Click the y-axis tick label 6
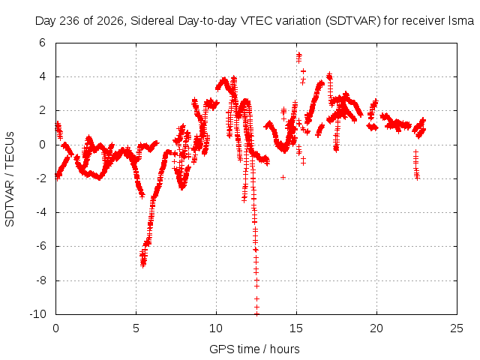coord(42,43)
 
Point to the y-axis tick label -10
coord(37,313)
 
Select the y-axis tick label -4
coord(41,212)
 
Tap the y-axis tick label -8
coord(41,280)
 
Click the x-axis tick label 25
coord(457,328)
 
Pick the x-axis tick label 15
coord(296,328)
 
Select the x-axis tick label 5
coord(136,328)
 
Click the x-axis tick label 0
coord(55,328)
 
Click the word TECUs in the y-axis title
coord(10,150)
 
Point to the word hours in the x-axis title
coord(285,349)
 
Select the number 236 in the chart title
coord(70,21)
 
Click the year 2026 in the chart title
coord(110,21)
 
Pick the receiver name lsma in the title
coord(461,21)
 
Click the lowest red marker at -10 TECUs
coord(256,313)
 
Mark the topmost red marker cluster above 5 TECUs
coord(298,57)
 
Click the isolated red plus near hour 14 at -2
coord(283,177)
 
